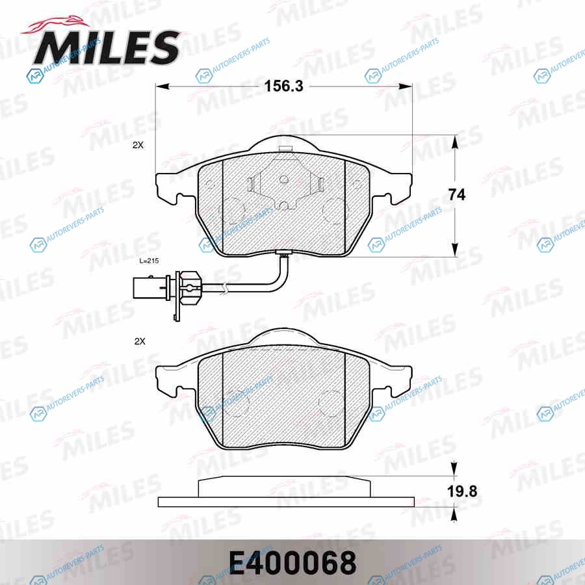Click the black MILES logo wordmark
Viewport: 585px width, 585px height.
point(107,47)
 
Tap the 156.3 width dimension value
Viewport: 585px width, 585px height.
point(284,86)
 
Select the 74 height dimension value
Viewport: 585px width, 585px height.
point(457,195)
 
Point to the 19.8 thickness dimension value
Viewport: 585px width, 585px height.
point(462,491)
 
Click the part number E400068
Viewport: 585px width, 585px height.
point(292,564)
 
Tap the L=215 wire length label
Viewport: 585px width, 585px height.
point(149,261)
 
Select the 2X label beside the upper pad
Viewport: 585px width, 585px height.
point(138,145)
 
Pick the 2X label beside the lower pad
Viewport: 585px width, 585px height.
point(140,341)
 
